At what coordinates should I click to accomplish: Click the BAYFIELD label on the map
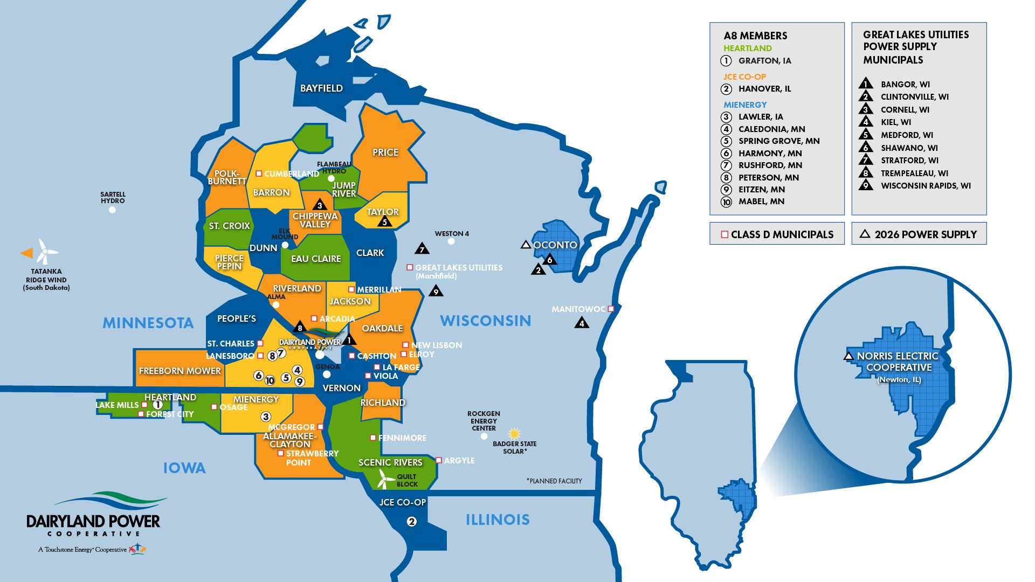click(321, 88)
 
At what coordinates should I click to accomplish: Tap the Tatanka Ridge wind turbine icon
click(45, 251)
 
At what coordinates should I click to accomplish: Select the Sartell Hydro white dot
click(112, 210)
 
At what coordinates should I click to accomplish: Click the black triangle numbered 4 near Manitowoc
click(581, 323)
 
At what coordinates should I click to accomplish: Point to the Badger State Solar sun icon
click(514, 433)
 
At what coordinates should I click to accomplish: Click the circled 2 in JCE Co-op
click(411, 522)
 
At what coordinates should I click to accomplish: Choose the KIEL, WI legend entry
click(895, 122)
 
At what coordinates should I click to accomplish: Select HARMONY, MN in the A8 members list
click(770, 154)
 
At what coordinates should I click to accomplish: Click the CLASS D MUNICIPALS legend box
click(777, 234)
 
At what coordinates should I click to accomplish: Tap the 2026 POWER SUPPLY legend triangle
click(865, 234)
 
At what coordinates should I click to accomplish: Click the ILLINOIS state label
click(498, 520)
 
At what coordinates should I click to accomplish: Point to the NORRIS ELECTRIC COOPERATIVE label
click(898, 362)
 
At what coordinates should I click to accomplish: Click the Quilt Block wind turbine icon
click(385, 478)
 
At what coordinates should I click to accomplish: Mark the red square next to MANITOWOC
click(611, 309)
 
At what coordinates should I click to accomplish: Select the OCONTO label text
click(555, 245)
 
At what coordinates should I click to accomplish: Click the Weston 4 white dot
click(451, 241)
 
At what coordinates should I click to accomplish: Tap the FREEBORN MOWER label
click(180, 371)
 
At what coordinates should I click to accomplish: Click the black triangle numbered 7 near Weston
click(422, 249)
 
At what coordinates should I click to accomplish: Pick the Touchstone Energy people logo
click(137, 549)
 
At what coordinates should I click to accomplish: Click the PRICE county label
click(385, 153)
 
